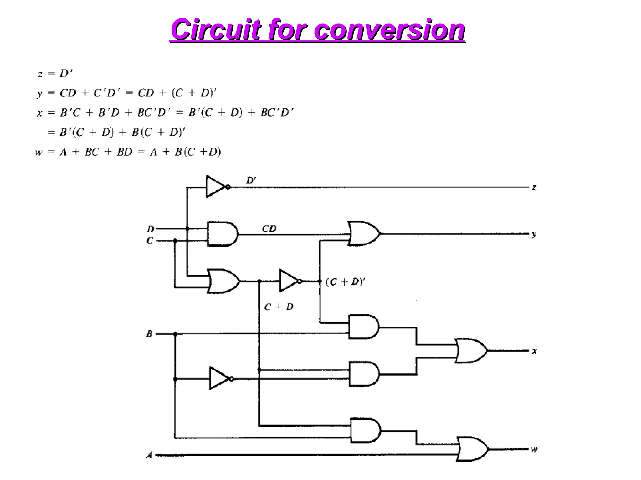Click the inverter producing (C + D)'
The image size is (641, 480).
[x=289, y=281]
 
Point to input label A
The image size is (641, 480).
[x=150, y=455]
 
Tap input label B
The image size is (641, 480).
[x=150, y=334]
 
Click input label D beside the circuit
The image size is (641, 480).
[x=151, y=229]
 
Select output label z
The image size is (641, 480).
[x=534, y=187]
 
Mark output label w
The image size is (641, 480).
[x=534, y=450]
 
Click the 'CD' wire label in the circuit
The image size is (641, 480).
[x=269, y=229]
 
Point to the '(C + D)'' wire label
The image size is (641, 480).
[x=345, y=282]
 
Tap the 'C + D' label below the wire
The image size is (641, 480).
[x=279, y=307]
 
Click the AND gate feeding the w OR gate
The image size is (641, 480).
[x=365, y=431]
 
